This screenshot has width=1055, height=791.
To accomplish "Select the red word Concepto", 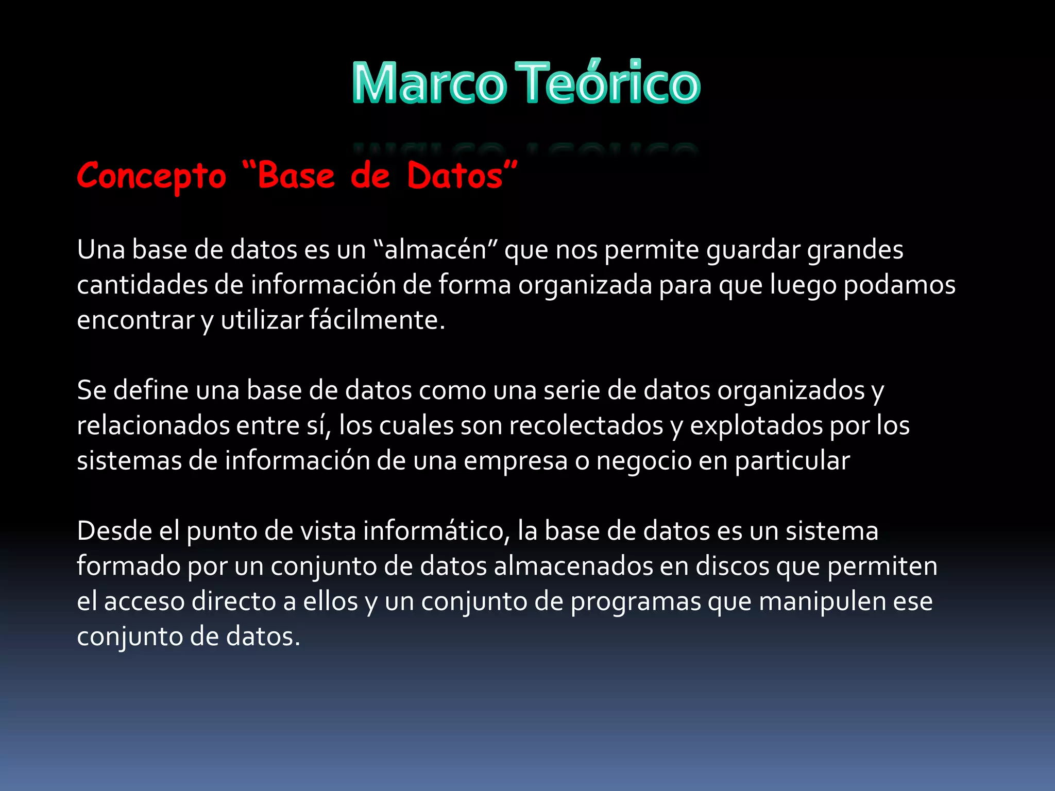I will point(151,176).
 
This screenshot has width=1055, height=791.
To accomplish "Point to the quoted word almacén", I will point(436,250).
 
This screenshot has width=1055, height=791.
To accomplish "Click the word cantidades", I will point(142,285).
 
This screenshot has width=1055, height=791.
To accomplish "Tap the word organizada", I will point(585,285).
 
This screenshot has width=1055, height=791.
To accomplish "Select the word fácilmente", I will point(377,320).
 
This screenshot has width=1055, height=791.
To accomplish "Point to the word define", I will point(151,390).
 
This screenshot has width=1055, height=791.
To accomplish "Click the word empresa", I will point(515,461).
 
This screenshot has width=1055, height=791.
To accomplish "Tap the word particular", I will point(792,461).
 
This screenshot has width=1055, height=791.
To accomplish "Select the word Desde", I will point(114,531).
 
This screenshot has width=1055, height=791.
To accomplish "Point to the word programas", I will point(636,601).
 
